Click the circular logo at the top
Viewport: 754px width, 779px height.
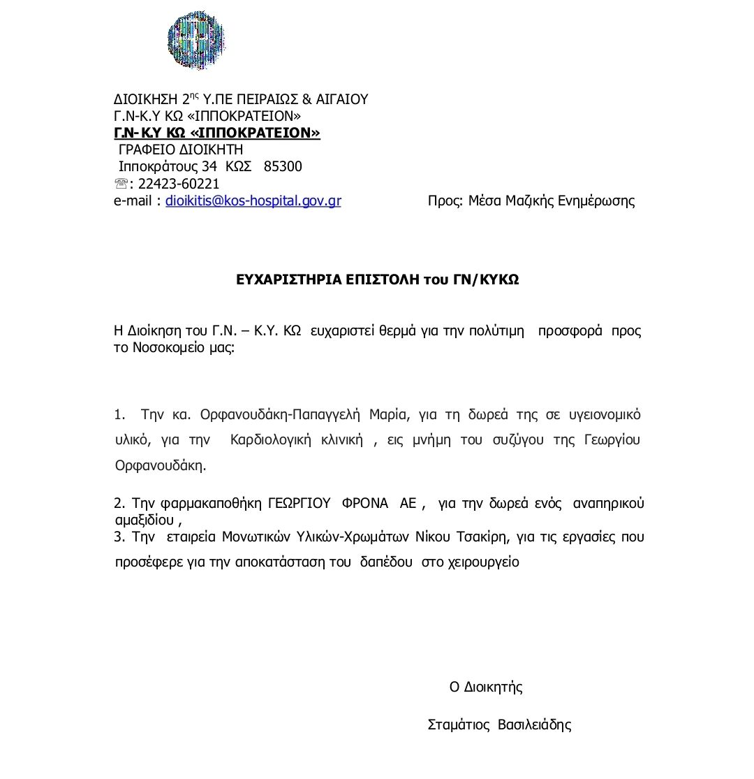pos(196,40)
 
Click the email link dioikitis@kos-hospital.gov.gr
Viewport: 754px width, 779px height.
pos(253,201)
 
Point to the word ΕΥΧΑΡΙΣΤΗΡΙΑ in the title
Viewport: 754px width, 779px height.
pos(286,279)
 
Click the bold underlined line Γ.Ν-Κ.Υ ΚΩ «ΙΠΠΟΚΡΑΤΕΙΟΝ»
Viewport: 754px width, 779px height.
pos(217,133)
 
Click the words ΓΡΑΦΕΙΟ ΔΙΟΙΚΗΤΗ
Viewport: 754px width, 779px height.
pos(180,150)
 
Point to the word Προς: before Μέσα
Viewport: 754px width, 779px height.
pos(445,201)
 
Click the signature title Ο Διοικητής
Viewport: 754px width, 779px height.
pos(486,687)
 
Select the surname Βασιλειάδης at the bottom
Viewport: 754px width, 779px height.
pos(534,725)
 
